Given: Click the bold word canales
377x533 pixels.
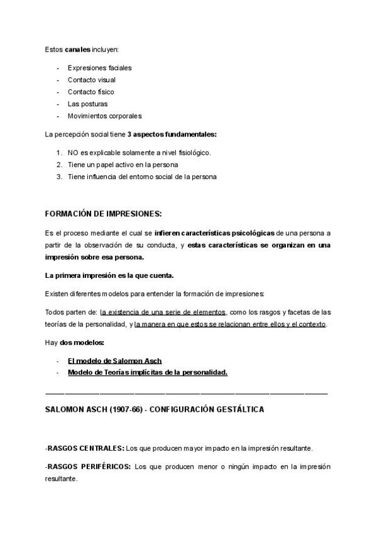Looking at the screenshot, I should (78, 49).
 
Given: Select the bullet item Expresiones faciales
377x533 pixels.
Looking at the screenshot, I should (99, 68).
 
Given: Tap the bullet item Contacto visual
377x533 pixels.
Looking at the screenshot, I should (92, 80).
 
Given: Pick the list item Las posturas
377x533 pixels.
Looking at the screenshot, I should (87, 104).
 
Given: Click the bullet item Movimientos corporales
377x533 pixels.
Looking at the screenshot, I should (104, 116).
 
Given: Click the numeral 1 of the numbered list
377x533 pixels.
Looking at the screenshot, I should (58, 153).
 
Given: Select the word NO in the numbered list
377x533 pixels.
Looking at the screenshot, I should (73, 153).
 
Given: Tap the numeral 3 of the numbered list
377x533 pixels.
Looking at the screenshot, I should (58, 177).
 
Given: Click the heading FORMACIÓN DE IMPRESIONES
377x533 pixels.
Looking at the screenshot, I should (104, 213).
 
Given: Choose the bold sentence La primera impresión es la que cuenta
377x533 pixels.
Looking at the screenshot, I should (110, 275).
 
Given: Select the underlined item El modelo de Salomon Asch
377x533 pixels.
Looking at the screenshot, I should (114, 360).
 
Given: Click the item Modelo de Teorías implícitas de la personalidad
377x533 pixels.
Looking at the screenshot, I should (147, 372).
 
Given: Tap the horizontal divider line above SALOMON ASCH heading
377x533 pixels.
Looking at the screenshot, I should (187, 394).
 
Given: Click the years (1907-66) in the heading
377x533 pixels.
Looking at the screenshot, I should (134, 410).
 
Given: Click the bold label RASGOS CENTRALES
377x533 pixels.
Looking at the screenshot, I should (85, 448).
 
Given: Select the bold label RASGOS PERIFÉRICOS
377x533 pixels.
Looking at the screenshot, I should (89, 467).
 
